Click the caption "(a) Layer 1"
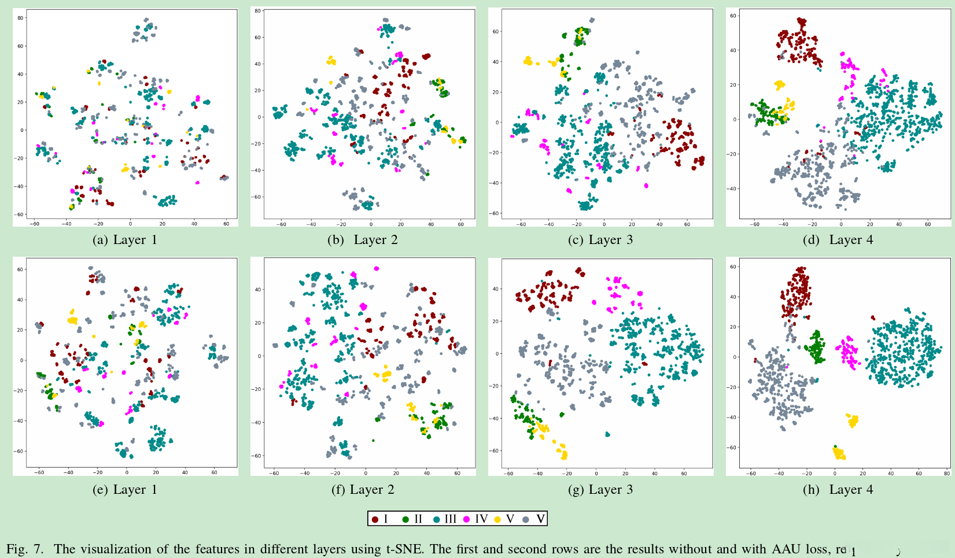125,240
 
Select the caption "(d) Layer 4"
838,240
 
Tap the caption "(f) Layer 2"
363,490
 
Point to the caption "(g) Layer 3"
600,490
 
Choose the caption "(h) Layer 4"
838,490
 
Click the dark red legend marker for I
375,519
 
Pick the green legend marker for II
405,519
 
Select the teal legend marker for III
436,519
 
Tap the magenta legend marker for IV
467,519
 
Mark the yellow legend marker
497,519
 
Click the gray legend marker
526,519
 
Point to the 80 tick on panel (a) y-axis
20,18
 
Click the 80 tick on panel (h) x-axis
946,474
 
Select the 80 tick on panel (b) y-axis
258,11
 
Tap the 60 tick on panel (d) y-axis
733,16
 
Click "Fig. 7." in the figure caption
25,549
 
